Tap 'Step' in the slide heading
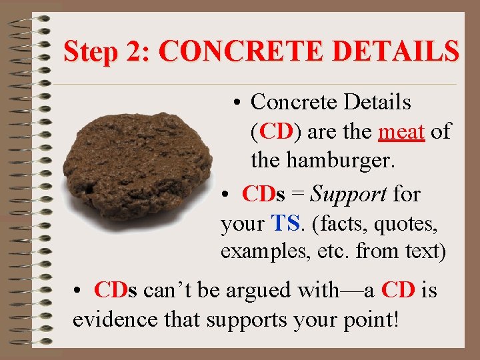[x=90, y=51]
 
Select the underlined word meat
[x=401, y=132]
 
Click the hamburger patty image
[x=140, y=170]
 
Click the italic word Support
[x=349, y=194]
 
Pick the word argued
[x=261, y=291]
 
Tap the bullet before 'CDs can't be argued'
[x=79, y=291]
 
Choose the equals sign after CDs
[x=298, y=195]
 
